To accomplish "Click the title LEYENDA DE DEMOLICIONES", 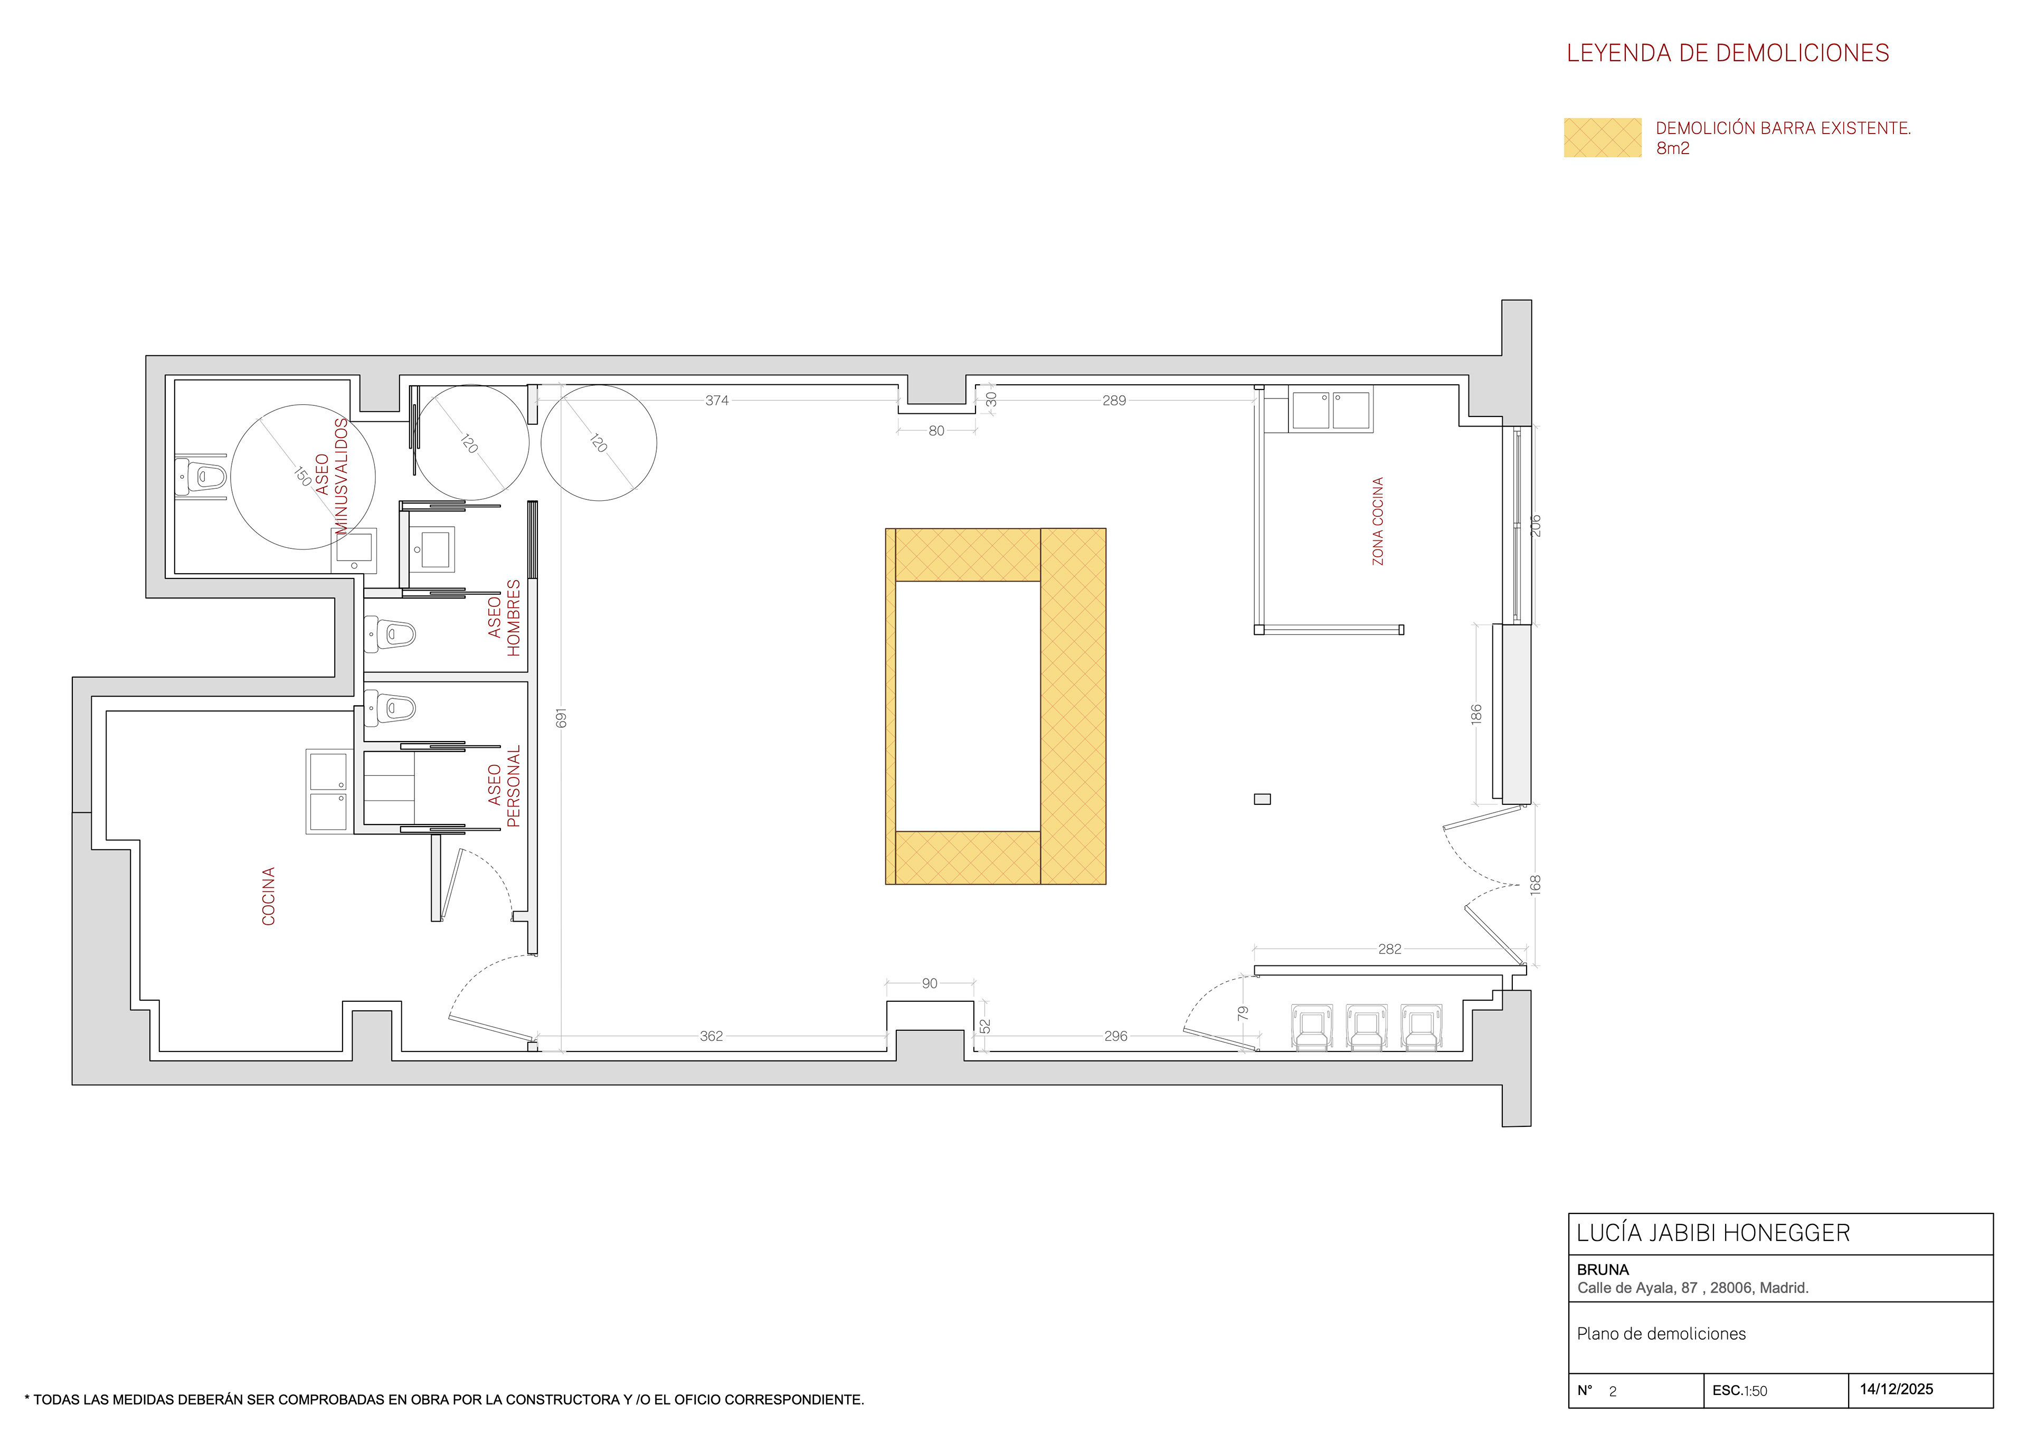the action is pos(1728,53).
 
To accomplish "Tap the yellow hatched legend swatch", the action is pos(1603,138).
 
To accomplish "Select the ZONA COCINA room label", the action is pos(1377,521).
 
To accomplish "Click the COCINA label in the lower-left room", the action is pos(268,896).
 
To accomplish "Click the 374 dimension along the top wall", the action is pos(717,400).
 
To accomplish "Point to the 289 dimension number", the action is pos(1114,400).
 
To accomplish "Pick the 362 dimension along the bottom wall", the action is pos(712,1036).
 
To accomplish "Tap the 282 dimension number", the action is pos(1389,949).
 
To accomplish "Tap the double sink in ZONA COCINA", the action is pos(1331,410).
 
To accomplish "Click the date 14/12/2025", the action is pos(1896,1389).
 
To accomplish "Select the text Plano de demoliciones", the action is pos(1662,1334).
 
